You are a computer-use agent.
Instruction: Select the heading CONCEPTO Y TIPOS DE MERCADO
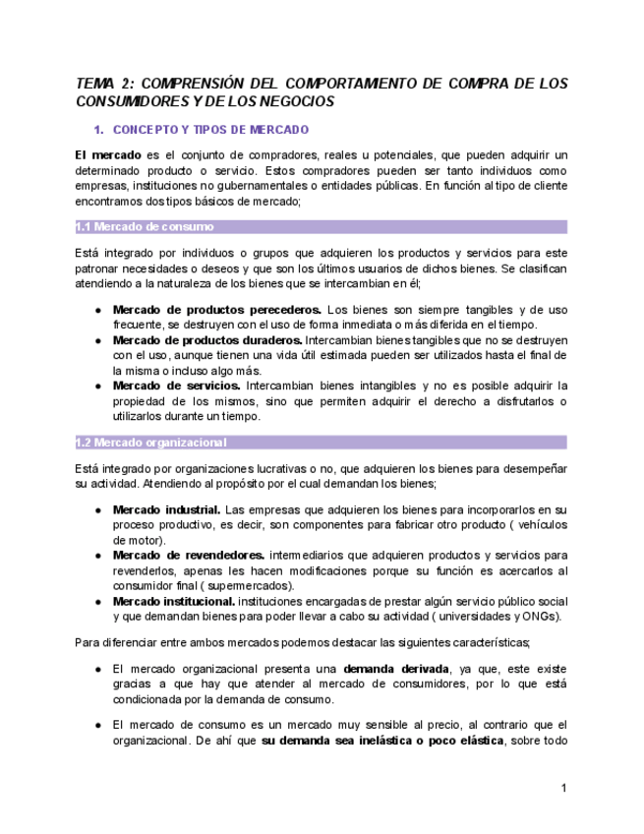pyautogui.click(x=211, y=130)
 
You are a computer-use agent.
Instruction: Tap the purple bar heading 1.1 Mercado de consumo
pyautogui.click(x=145, y=227)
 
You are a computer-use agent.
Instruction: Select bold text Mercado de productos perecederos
pyautogui.click(x=216, y=310)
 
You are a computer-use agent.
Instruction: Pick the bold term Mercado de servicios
pyautogui.click(x=176, y=387)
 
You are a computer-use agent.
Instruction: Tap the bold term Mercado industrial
pyautogui.click(x=166, y=509)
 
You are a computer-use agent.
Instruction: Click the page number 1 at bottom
pyautogui.click(x=564, y=788)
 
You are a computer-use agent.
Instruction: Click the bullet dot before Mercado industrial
pyautogui.click(x=98, y=510)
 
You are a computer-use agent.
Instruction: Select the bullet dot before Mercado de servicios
pyautogui.click(x=98, y=387)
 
